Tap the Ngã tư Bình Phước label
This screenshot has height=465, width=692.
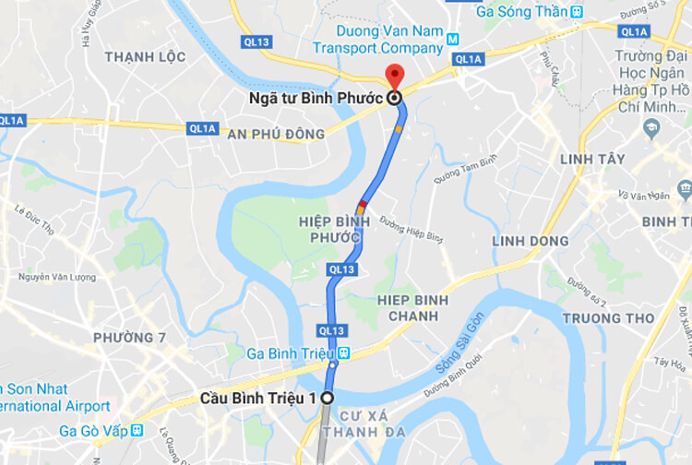coord(315,98)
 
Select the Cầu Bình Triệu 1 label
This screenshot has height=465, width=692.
coord(258,399)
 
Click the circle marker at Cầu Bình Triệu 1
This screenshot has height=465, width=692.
coord(327,399)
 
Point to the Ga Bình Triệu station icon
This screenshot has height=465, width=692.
coord(343,353)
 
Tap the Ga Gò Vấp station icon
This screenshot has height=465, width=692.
coord(137,430)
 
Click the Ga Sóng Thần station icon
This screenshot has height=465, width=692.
coord(577,12)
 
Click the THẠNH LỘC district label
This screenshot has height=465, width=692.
coord(145,57)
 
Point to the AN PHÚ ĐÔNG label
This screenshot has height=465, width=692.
coord(276,135)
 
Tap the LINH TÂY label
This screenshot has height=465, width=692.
coord(592,160)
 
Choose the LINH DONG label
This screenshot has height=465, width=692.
coord(531,241)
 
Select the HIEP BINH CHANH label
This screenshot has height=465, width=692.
coord(413,308)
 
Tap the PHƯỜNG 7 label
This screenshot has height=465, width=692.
coord(129,338)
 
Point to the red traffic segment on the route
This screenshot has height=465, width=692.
coord(364,202)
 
